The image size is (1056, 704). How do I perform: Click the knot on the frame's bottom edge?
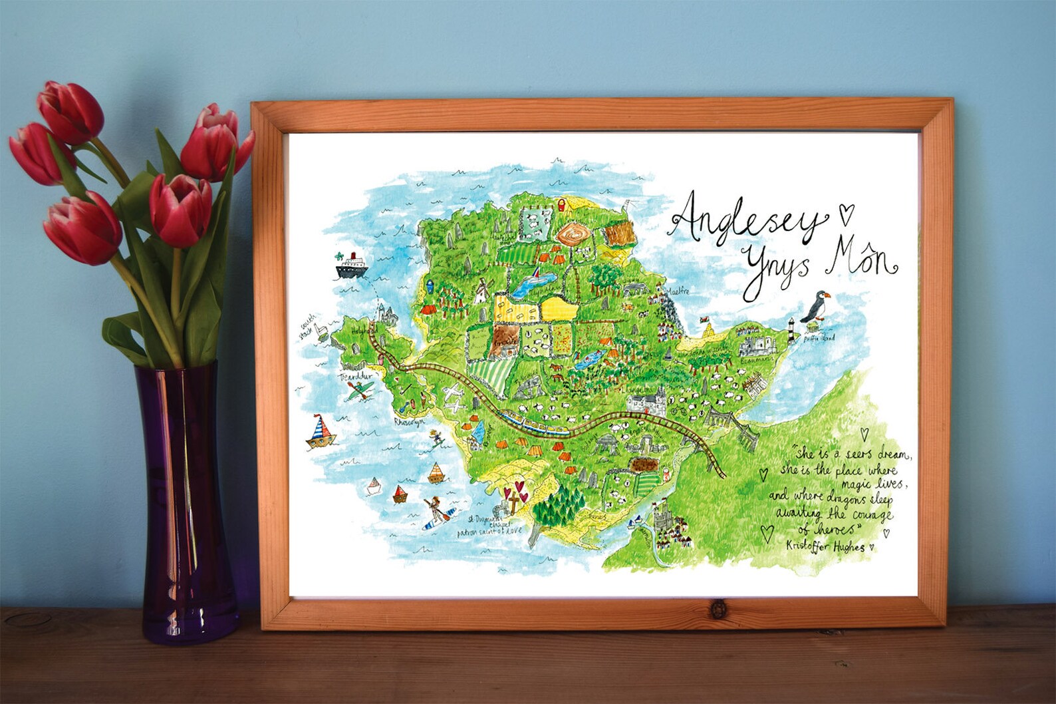click(718, 608)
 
